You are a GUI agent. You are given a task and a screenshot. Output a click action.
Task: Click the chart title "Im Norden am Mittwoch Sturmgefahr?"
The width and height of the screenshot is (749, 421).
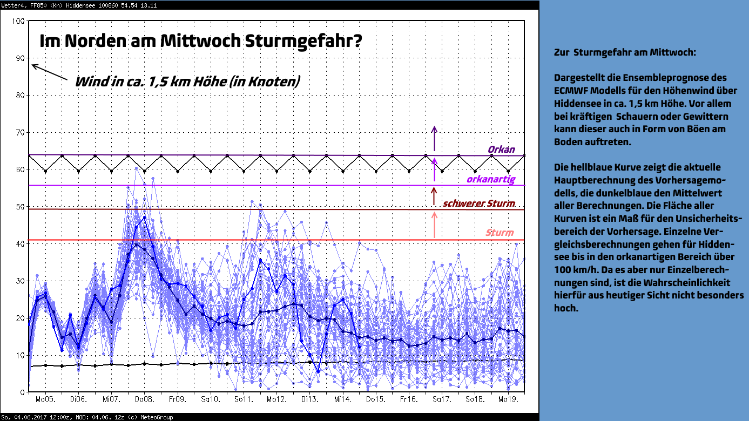tap(201, 41)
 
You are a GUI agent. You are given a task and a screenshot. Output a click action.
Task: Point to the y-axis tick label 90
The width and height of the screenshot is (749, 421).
tap(20, 58)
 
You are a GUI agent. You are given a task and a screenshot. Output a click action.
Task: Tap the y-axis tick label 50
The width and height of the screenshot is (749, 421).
tap(20, 207)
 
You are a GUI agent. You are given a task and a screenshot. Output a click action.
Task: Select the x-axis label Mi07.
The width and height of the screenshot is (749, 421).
tap(111, 399)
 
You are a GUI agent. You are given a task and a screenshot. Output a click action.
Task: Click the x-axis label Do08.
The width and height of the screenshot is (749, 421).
tap(144, 399)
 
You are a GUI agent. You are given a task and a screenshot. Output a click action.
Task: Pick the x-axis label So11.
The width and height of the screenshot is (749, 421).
tap(244, 399)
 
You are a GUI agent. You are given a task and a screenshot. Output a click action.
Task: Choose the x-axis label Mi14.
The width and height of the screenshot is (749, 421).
tap(343, 399)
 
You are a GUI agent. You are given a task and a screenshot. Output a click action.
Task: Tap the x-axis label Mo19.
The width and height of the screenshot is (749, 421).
tap(508, 399)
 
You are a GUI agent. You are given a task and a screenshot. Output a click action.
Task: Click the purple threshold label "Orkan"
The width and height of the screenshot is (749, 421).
tap(501, 150)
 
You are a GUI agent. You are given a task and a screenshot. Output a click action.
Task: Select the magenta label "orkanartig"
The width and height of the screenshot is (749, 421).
tap(491, 179)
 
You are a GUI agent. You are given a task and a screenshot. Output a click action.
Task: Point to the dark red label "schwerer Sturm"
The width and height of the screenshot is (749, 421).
tap(479, 203)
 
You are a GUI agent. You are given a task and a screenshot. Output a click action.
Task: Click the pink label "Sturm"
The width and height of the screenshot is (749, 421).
tap(500, 233)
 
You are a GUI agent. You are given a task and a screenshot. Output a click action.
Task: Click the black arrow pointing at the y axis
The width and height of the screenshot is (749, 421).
tap(50, 72)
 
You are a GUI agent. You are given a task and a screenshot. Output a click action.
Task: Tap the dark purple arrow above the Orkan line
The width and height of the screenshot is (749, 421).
tap(434, 138)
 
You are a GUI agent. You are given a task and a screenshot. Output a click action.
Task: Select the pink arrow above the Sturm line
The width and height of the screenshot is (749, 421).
tap(434, 225)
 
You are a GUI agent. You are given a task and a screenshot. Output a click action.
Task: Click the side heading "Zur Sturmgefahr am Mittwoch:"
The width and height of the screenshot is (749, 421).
tap(625, 52)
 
